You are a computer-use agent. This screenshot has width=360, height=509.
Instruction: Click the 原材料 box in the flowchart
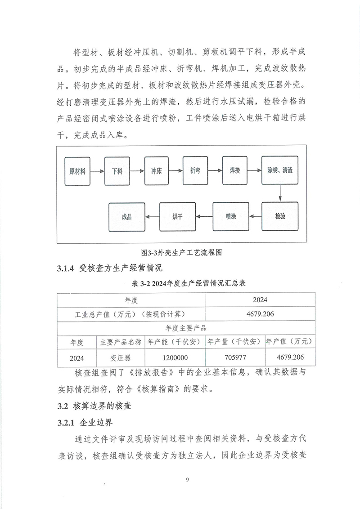78,171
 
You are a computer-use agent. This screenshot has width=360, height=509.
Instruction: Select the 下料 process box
117,171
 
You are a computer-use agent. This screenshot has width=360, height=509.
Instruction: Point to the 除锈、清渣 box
280,171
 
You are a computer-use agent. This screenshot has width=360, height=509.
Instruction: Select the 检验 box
280,217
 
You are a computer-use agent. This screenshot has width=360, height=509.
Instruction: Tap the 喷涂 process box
231,217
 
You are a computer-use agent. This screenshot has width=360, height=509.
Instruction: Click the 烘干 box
177,217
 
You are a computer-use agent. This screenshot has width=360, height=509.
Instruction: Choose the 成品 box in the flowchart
126,217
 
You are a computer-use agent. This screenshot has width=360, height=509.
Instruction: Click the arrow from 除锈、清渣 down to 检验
280,194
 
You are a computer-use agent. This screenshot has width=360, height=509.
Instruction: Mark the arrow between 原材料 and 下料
98,171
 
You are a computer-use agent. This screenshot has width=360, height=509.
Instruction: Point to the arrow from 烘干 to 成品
152,217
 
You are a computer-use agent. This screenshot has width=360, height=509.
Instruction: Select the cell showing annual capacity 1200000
174,358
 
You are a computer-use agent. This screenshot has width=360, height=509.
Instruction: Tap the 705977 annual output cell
234,358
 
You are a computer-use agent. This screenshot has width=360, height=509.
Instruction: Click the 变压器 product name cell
120,358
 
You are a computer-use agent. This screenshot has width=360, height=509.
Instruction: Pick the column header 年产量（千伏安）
234,342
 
